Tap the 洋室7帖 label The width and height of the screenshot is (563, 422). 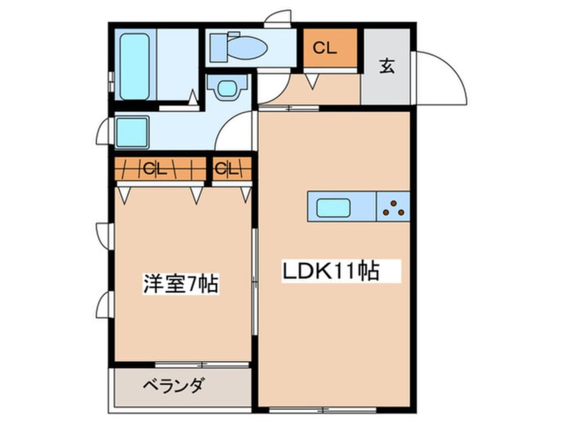180,284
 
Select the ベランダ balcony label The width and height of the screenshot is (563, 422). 173,385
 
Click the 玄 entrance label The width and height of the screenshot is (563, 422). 386,65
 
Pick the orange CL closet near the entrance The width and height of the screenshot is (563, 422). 330,48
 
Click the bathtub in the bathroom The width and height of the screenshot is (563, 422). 135,65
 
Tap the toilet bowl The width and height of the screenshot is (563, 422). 240,47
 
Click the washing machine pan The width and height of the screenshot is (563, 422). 132,132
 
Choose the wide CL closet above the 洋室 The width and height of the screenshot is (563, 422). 160,169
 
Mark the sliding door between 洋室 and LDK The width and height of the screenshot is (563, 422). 254,283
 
